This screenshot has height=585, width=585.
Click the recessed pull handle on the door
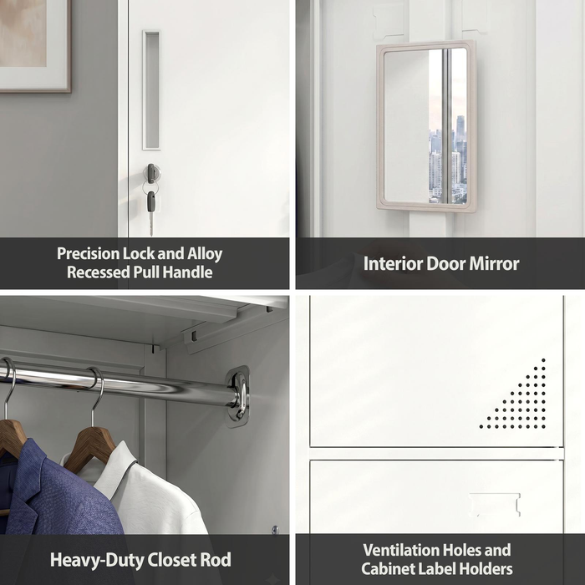click(151, 90)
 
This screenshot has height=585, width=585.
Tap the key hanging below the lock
click(151, 212)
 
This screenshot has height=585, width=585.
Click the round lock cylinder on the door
click(153, 173)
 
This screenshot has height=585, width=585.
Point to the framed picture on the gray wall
click(35, 46)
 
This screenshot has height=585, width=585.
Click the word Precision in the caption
click(88, 254)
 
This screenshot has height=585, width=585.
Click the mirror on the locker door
click(425, 125)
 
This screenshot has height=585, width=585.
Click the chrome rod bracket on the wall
click(238, 396)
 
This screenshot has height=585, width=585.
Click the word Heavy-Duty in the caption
click(96, 560)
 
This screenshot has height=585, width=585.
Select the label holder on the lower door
click(494, 504)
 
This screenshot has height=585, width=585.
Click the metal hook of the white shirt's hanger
click(97, 395)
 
